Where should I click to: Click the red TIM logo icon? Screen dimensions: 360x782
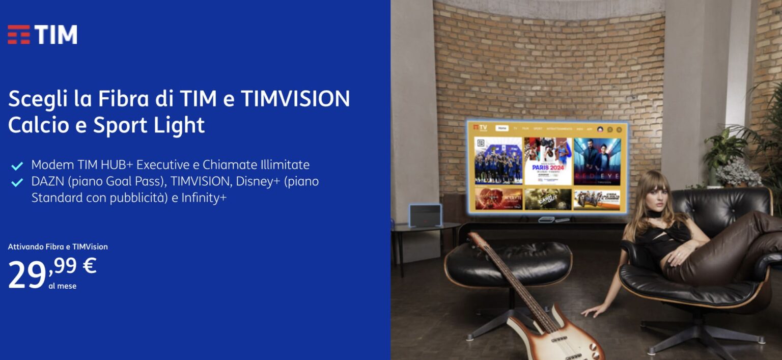point(19,35)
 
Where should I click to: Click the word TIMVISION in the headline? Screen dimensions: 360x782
point(295,99)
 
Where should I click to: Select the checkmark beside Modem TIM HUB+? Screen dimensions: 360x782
point(17,166)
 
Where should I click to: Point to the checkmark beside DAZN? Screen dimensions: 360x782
point(17,182)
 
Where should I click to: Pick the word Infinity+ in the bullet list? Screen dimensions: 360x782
point(204,198)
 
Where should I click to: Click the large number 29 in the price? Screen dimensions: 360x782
point(27,275)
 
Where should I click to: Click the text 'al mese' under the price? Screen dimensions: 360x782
point(62,286)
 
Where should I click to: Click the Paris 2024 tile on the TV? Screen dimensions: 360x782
point(548,161)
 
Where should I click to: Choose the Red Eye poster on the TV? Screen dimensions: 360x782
point(597,161)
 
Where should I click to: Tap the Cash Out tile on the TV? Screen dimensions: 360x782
point(548,200)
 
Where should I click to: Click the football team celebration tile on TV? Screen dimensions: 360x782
point(498,161)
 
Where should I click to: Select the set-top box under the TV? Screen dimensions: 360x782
point(546,219)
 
